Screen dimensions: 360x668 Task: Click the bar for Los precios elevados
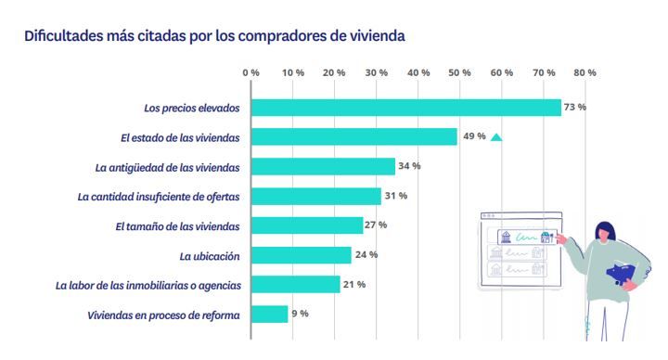[406, 108]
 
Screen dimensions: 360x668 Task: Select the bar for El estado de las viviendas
[354, 137]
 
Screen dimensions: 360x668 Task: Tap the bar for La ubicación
[302, 255]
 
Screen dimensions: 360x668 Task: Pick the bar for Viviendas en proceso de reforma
[270, 315]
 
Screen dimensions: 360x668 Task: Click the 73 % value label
[575, 108]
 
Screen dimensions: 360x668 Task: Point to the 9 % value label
[300, 315]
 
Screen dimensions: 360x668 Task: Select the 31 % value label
[396, 196]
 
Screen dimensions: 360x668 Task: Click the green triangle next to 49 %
[496, 137]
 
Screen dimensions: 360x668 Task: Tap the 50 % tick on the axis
[460, 72]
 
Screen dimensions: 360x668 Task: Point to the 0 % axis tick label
[250, 72]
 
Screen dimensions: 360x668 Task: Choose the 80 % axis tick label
[585, 72]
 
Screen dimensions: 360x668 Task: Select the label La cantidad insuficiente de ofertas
[159, 197]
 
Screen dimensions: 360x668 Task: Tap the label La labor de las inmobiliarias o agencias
[149, 285]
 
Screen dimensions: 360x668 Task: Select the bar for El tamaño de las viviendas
[307, 225]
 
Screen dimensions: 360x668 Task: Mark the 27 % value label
[376, 225]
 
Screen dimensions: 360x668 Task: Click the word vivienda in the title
[373, 37]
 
